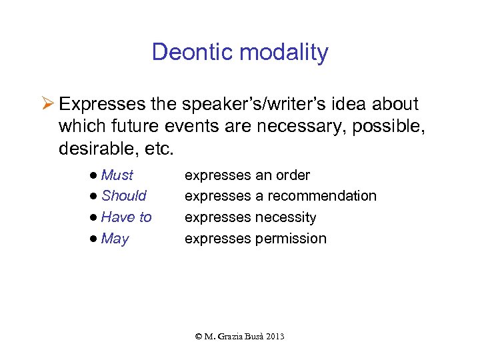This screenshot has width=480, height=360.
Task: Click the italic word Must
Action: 117,175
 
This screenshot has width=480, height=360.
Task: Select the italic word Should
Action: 124,196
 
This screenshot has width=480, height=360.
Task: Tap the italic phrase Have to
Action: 127,217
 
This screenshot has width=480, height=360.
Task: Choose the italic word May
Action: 115,239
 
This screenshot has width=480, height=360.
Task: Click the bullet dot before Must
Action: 96,175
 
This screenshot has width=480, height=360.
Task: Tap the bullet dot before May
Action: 96,239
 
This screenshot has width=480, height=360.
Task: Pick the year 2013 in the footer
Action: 274,337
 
